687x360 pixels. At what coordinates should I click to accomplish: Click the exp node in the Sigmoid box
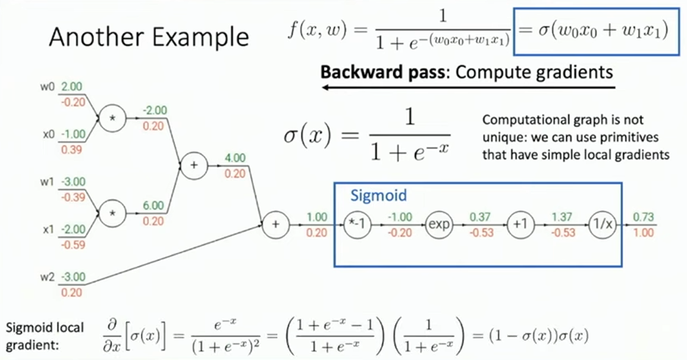[440, 225]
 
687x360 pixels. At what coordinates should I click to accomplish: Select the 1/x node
[602, 225]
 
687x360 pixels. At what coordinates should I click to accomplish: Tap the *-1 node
[356, 225]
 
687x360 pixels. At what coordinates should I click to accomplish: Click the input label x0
[48, 134]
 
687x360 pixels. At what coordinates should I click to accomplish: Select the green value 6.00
[154, 205]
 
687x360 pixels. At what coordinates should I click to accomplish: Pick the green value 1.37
[563, 218]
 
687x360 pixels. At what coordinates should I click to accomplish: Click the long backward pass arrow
[468, 88]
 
